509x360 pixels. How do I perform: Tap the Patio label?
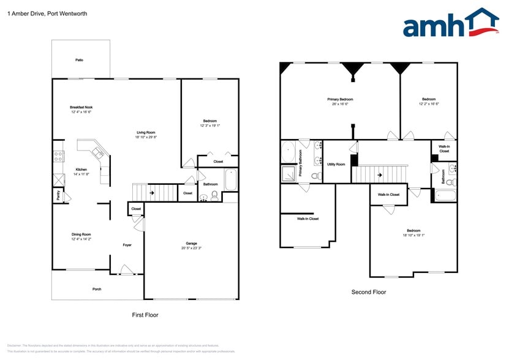click(x=79, y=60)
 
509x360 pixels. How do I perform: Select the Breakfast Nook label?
click(x=81, y=107)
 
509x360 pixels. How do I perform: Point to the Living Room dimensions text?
click(x=146, y=137)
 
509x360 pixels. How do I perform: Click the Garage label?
click(x=191, y=243)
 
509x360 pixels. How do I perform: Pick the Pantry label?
click(x=58, y=196)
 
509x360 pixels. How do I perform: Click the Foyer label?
click(x=127, y=245)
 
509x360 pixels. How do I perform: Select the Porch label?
click(x=80, y=289)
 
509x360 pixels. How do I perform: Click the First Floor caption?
click(x=145, y=315)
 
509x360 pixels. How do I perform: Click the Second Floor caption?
click(x=368, y=292)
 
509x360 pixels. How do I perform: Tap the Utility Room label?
click(x=336, y=164)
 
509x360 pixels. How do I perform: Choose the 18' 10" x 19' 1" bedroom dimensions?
click(x=413, y=235)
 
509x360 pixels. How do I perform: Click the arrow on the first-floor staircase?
click(x=151, y=193)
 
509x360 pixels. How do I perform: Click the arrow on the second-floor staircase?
click(x=379, y=174)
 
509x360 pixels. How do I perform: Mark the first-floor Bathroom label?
click(x=211, y=184)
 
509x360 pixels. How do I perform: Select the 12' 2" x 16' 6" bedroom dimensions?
click(x=428, y=103)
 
